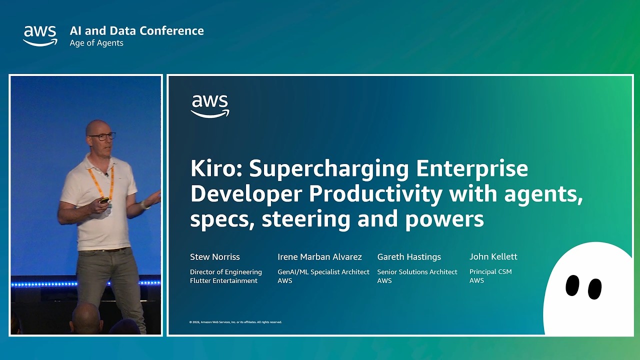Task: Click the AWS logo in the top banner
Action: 40,35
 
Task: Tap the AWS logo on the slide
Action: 210,106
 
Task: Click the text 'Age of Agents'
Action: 96,43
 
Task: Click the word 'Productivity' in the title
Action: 375,194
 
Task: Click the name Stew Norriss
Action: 215,257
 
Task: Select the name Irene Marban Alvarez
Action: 319,257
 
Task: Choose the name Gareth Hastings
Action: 409,257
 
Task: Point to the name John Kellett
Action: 493,256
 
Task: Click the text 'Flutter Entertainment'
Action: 223,280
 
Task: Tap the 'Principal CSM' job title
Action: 490,272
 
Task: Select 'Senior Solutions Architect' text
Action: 417,272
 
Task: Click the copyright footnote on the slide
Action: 235,322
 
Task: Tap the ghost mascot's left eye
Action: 572,285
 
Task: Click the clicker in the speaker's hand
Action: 104,200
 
